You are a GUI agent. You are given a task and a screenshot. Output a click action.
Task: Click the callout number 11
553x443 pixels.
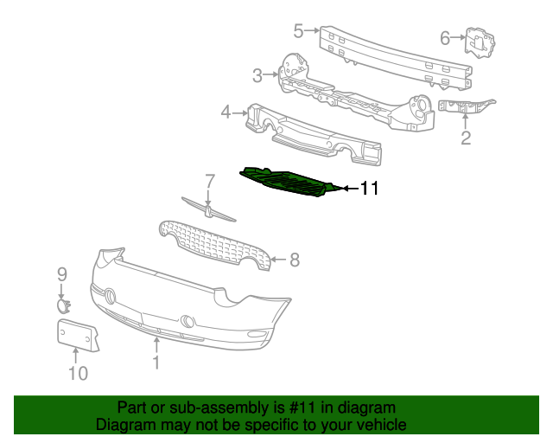(x=370, y=188)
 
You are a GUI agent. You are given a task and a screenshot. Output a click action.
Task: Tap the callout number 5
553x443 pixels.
(x=298, y=31)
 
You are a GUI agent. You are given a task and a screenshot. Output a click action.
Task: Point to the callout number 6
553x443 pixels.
(x=445, y=37)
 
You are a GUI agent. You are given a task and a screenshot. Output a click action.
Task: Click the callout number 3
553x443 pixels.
(x=257, y=75)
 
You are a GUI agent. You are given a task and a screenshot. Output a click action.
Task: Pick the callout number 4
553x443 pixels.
(x=226, y=112)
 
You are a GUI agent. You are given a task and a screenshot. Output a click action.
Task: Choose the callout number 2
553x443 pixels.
(x=466, y=138)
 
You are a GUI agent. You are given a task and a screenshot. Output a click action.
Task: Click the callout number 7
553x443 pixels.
(x=208, y=181)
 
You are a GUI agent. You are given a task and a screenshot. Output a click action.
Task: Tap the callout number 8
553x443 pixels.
(x=294, y=259)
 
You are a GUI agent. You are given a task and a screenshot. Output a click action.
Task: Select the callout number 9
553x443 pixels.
(x=62, y=274)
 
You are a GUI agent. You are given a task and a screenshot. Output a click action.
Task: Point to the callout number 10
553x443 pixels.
(x=78, y=373)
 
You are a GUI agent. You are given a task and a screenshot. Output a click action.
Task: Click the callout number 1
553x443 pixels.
(x=156, y=363)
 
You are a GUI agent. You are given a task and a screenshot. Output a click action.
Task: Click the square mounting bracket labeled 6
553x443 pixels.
(x=478, y=43)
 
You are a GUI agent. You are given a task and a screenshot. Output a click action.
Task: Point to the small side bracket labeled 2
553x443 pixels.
(x=466, y=106)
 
